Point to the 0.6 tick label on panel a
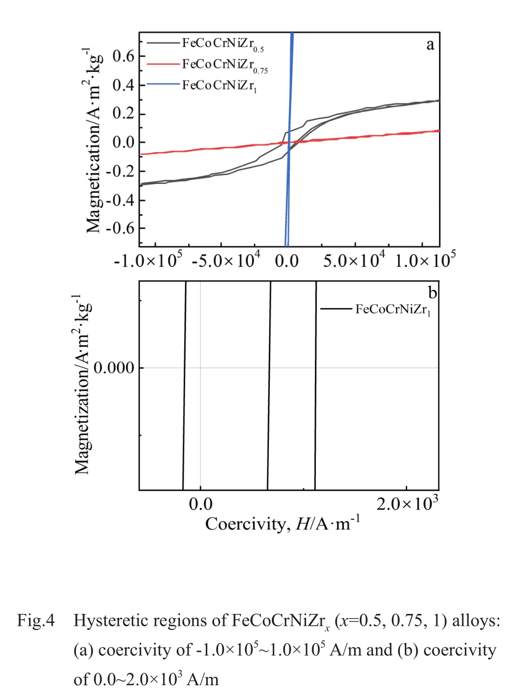(x=123, y=56)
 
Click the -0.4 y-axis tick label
(x=119, y=200)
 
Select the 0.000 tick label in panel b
(x=114, y=368)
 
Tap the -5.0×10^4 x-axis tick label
(x=226, y=260)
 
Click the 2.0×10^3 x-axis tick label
(x=407, y=504)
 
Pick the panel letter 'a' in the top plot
(x=430, y=45)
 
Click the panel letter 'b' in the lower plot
(x=432, y=293)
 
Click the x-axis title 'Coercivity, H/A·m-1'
(x=282, y=524)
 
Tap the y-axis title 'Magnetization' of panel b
(x=82, y=385)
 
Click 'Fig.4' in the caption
(x=36, y=620)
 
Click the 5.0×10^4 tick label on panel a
(x=355, y=260)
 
